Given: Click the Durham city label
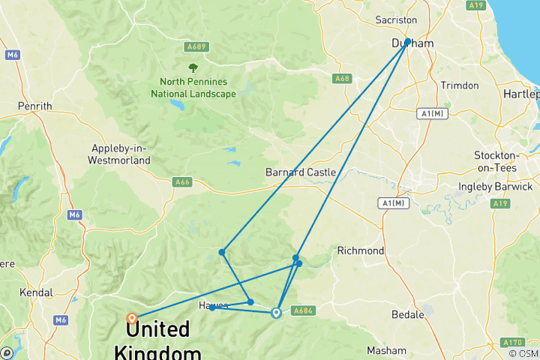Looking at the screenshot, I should point(413,44).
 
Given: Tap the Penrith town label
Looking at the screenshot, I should point(34,106).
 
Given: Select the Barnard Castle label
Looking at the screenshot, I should point(301,172).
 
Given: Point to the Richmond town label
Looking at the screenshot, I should point(361,250).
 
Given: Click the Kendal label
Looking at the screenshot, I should point(37,292).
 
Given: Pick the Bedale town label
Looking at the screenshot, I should point(406,315).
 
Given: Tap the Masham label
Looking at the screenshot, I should point(387,350).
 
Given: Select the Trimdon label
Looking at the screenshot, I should point(460,85).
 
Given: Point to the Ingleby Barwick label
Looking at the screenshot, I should point(498,186).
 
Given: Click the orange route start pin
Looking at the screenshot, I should point(132,318).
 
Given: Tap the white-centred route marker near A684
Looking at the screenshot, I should point(276,313).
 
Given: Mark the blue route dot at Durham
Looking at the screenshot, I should point(408,41).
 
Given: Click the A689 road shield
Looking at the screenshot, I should point(196,46).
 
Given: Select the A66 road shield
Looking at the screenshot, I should point(181,181).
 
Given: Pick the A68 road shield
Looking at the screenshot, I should point(342,78).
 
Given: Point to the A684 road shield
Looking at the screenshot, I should point(302,310).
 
